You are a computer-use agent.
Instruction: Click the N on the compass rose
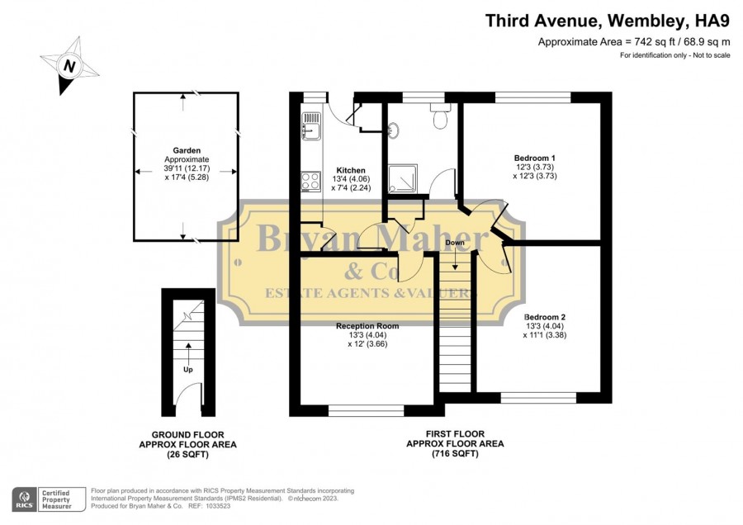[x=69, y=66]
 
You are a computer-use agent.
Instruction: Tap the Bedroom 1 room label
[x=534, y=158]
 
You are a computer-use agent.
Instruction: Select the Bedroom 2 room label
[x=545, y=318]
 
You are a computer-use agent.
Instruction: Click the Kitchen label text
[x=351, y=171]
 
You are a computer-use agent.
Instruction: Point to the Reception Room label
[x=367, y=326]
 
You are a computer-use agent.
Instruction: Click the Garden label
[x=187, y=151]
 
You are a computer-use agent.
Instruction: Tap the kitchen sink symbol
[x=311, y=126]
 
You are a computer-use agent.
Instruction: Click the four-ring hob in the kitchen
[x=311, y=182]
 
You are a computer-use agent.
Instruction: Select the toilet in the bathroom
[x=440, y=116]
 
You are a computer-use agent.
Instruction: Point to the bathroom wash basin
[x=393, y=129]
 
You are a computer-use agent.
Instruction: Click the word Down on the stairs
[x=455, y=243]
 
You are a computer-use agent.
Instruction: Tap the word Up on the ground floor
[x=188, y=370]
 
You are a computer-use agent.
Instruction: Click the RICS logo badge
[x=25, y=499]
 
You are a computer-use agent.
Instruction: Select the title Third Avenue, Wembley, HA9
[x=608, y=21]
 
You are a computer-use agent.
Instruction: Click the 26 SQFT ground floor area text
[x=187, y=454]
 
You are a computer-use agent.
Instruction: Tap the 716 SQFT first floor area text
[x=455, y=453]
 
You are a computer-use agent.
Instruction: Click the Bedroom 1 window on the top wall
[x=533, y=97]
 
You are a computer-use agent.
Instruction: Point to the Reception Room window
[x=367, y=410]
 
